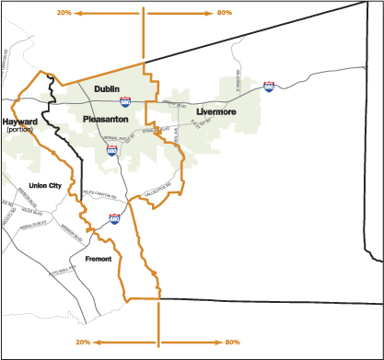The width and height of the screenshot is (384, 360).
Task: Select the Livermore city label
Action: pos(215,111)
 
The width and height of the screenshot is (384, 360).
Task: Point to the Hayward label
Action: pos(19,121)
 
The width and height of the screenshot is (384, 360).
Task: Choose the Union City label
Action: pos(44,186)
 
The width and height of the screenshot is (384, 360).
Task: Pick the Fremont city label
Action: pos(98,259)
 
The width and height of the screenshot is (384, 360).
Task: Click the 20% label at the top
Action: pos(64,14)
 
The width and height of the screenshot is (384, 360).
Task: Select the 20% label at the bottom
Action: pos(83,342)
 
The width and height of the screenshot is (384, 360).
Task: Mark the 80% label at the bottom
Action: pos(232,342)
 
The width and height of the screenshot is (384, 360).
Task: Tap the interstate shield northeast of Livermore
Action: pos(269,87)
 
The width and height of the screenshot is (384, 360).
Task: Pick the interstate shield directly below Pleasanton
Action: pos(111,148)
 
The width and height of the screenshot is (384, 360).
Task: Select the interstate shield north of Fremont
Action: pos(115,219)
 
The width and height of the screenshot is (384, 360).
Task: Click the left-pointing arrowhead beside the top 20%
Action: pos(77,14)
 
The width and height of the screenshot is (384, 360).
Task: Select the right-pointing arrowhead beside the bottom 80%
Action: pos(217,342)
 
